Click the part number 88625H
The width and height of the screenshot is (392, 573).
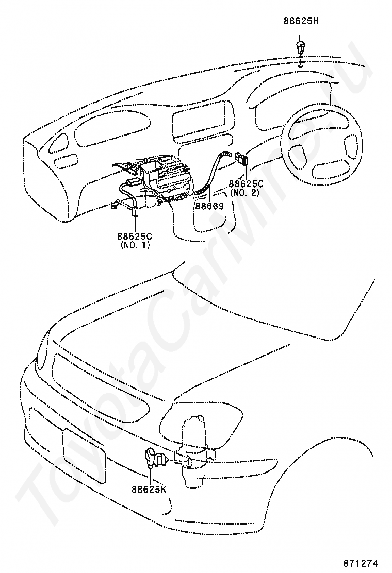coord(301,21)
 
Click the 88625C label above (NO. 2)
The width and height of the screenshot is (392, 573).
coord(246,183)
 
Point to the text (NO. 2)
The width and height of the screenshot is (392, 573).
coord(244,193)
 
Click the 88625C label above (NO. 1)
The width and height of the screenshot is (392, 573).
coord(135,237)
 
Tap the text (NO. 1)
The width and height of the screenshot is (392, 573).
coord(135,246)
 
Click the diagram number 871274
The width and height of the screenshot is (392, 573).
coord(366,563)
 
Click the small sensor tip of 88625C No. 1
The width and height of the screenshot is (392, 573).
coord(137,211)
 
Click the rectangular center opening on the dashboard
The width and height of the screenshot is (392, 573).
coord(200,122)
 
